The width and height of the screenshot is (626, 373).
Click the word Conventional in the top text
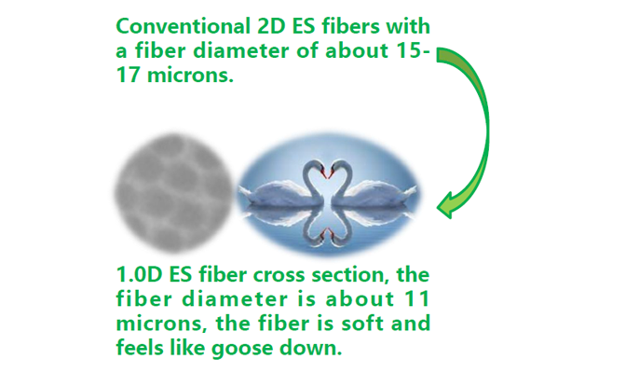(x=183, y=27)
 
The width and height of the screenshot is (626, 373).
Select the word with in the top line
(x=408, y=27)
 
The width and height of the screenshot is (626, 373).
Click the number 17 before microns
(x=129, y=76)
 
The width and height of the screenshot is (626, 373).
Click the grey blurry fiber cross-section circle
(x=173, y=194)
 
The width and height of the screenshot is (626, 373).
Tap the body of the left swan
(x=276, y=192)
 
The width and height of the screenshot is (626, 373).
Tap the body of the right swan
(x=379, y=191)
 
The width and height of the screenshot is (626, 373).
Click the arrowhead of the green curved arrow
(x=449, y=205)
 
